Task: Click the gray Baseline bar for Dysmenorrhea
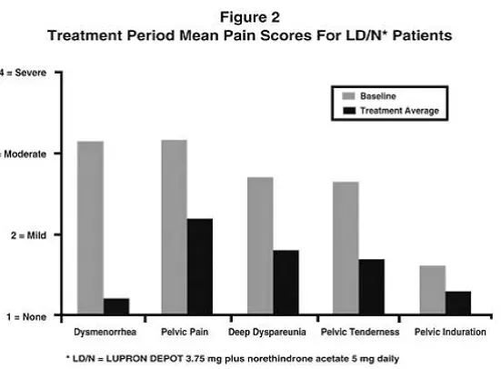tap(90, 228)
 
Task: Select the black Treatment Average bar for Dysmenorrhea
tap(116, 307)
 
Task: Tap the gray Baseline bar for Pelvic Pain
tap(174, 227)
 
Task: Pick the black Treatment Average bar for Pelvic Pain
tap(199, 267)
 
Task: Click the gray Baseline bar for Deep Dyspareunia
tap(260, 246)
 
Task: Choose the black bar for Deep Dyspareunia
tap(286, 283)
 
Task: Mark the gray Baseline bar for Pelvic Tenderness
tap(346, 248)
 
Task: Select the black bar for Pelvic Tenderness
tap(371, 287)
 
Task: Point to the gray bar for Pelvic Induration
tap(432, 291)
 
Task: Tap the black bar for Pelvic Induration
tap(457, 304)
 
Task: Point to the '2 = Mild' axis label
tap(24, 235)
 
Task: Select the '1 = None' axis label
tap(23, 317)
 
